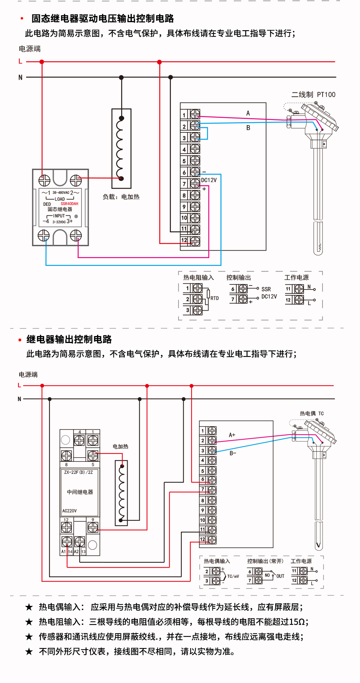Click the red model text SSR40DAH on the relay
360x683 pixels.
pyautogui.click(x=69, y=204)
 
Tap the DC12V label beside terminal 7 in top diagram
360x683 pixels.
pyautogui.click(x=209, y=180)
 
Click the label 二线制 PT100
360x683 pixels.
pyautogui.click(x=313, y=95)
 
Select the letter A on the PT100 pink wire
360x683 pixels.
pyautogui.click(x=248, y=113)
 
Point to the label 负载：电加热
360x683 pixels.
pyautogui.click(x=121, y=197)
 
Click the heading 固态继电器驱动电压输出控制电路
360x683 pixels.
pyautogui.click(x=103, y=19)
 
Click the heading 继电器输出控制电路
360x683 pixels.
pyautogui.click(x=69, y=339)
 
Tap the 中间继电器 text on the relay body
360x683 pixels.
pyautogui.click(x=80, y=492)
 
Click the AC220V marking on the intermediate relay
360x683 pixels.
pyautogui.click(x=69, y=511)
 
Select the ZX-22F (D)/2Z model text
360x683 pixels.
pyautogui.click(x=79, y=472)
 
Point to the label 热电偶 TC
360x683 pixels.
pyautogui.click(x=312, y=414)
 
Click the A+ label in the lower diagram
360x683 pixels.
pyautogui.click(x=232, y=435)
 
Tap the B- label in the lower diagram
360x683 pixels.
pyautogui.click(x=233, y=453)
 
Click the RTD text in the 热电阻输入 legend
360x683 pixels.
pyautogui.click(x=215, y=298)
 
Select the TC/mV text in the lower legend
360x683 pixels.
pyautogui.click(x=233, y=576)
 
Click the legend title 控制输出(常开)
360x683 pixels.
pyautogui.click(x=265, y=561)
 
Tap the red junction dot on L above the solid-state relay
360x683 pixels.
pyautogui.click(x=42, y=62)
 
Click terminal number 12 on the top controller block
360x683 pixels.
pyautogui.click(x=184, y=240)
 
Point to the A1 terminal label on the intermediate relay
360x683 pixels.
pyautogui.click(x=64, y=552)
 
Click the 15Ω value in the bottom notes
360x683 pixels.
pyautogui.click(x=297, y=622)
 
